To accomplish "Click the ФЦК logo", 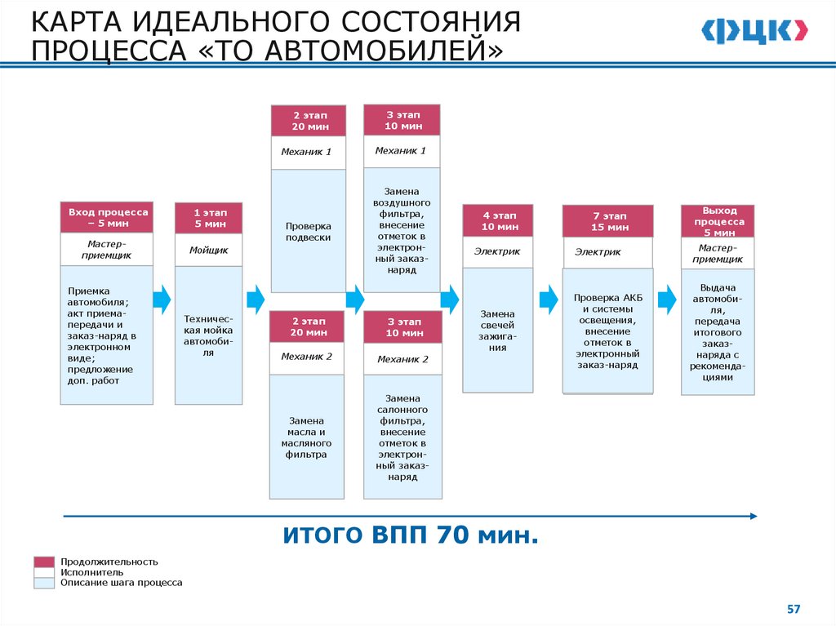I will pyautogui.click(x=754, y=31).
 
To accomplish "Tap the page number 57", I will pyautogui.click(x=794, y=609).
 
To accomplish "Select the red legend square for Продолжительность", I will pyautogui.click(x=43, y=562).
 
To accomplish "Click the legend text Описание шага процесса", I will pyautogui.click(x=122, y=583).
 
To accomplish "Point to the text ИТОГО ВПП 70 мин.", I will pyautogui.click(x=411, y=536).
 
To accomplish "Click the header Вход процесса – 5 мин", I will pyautogui.click(x=106, y=217).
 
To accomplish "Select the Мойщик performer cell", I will pyautogui.click(x=208, y=250).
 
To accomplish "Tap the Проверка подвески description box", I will pyautogui.click(x=308, y=231).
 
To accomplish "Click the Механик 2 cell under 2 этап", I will pyautogui.click(x=307, y=357).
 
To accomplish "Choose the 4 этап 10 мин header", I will pyautogui.click(x=498, y=220).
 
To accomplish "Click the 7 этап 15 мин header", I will pyautogui.click(x=608, y=221).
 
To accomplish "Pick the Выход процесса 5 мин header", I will pyautogui.click(x=718, y=221).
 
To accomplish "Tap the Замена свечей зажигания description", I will pyautogui.click(x=497, y=330).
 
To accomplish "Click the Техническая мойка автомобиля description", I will pyautogui.click(x=208, y=335).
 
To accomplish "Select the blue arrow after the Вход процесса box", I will pyautogui.click(x=162, y=299).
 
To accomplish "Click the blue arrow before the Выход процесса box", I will pyautogui.click(x=667, y=299).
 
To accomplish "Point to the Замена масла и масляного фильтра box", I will pyautogui.click(x=307, y=437).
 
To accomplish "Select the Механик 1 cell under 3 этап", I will pyautogui.click(x=401, y=151).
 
